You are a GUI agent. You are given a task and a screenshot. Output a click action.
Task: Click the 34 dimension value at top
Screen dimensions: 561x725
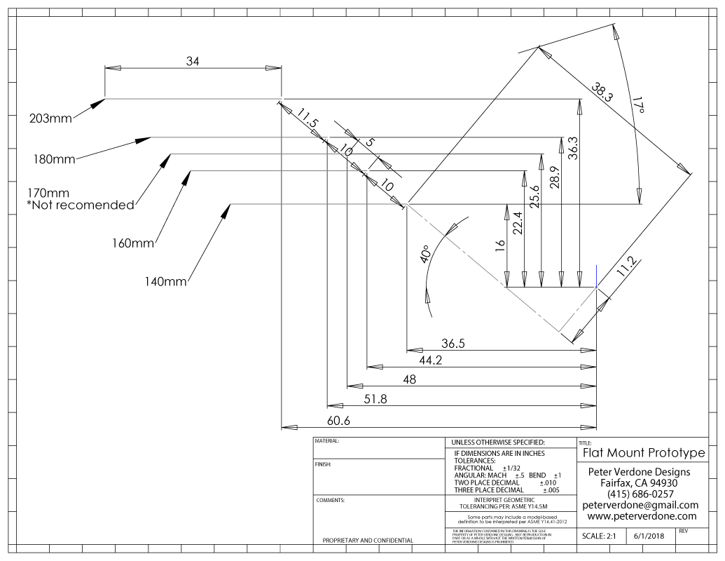[x=193, y=62]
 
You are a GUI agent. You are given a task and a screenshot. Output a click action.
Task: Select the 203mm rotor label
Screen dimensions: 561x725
[x=50, y=118]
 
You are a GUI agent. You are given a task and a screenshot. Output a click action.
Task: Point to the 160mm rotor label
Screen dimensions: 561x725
[x=132, y=244]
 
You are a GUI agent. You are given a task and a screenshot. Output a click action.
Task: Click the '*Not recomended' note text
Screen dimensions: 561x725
[x=80, y=205]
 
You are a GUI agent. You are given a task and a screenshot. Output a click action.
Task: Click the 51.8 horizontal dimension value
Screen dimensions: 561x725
[x=375, y=399]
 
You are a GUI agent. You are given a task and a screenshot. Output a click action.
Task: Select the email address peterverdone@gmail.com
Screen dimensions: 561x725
[x=640, y=505]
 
